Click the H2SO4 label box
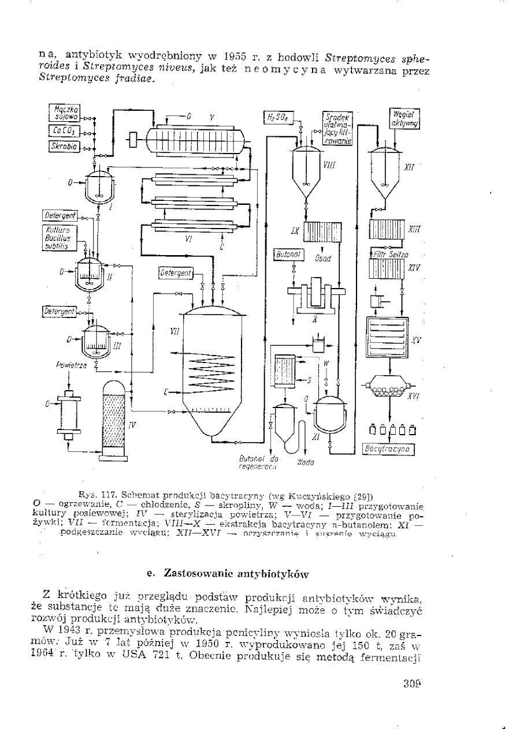click(x=278, y=118)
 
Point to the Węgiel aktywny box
click(x=407, y=118)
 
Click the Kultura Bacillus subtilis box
click(x=57, y=237)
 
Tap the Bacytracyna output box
click(x=388, y=448)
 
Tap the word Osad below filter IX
click(x=322, y=258)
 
